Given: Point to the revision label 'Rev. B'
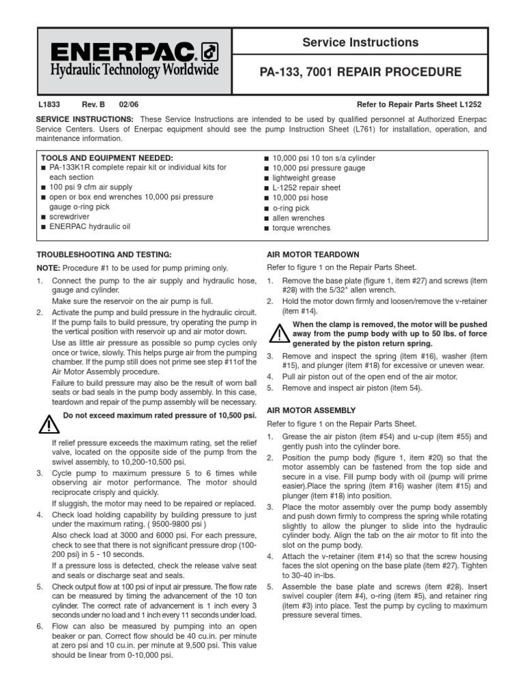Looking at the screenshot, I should (93, 105).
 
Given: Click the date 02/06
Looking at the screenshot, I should (128, 105).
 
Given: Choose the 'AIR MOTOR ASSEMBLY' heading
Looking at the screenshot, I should (310, 410).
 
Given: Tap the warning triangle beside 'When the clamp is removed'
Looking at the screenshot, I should (278, 333).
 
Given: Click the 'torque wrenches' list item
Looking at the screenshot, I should (302, 228).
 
